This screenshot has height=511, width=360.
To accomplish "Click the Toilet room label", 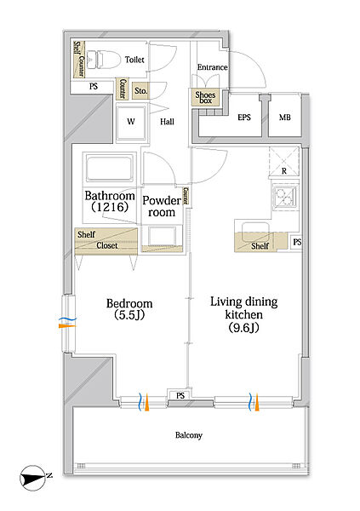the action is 134,60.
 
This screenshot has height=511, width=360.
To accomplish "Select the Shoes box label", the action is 205,97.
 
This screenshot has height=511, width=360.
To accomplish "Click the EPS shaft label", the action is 244,118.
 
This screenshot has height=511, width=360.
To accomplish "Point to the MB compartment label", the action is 285,118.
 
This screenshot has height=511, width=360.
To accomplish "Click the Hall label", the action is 167,122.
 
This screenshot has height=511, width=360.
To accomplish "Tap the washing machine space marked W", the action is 131,122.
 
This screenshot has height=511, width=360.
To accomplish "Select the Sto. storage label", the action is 140,91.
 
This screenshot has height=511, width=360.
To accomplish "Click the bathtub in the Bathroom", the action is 110,169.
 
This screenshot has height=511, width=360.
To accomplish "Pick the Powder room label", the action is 162,206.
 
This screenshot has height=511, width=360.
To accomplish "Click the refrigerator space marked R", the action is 284,162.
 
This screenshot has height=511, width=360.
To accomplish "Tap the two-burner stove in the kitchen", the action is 285,198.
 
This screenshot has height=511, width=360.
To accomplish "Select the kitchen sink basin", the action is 254,228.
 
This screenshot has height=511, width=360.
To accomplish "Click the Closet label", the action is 107,245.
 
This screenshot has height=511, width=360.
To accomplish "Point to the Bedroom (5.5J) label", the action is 129,308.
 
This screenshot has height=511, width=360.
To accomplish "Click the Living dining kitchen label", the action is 244,314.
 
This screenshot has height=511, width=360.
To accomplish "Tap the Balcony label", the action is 189,435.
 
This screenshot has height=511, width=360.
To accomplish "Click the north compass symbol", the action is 35,478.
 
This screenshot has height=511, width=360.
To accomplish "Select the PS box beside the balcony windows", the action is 180,395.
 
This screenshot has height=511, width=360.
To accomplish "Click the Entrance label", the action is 213,67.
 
